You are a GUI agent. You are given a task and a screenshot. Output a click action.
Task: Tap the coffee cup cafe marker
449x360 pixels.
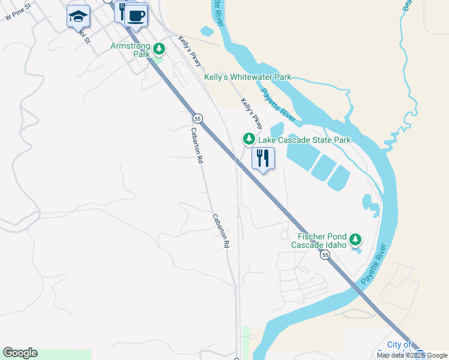(x=136, y=16)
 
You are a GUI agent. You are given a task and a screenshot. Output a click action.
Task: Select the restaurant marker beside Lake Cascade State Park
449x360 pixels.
(x=263, y=158)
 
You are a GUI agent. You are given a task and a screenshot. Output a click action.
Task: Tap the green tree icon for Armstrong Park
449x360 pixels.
(x=158, y=48)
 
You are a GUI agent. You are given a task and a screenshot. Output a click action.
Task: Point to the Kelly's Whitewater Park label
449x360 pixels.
(x=248, y=77)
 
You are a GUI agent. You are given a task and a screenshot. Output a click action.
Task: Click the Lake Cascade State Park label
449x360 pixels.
(x=304, y=140)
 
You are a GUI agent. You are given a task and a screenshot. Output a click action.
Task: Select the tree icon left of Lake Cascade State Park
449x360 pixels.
(x=249, y=139)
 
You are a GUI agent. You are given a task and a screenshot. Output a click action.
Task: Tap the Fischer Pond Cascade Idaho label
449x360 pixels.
(x=319, y=241)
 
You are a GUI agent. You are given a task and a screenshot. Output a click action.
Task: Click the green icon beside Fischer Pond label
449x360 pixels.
(x=356, y=240)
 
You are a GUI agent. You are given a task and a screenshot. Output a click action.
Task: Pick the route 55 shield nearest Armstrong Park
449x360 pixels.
(x=197, y=118)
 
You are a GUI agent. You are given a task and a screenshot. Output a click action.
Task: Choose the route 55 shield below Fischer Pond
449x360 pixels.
(x=325, y=255)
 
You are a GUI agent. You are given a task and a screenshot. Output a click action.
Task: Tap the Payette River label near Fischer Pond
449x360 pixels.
(x=373, y=265)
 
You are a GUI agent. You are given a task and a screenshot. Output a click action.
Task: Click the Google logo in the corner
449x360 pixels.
(x=20, y=353)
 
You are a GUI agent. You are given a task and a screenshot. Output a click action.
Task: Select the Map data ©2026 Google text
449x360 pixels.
(x=412, y=355)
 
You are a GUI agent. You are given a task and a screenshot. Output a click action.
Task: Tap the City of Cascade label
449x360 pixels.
(x=399, y=345)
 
